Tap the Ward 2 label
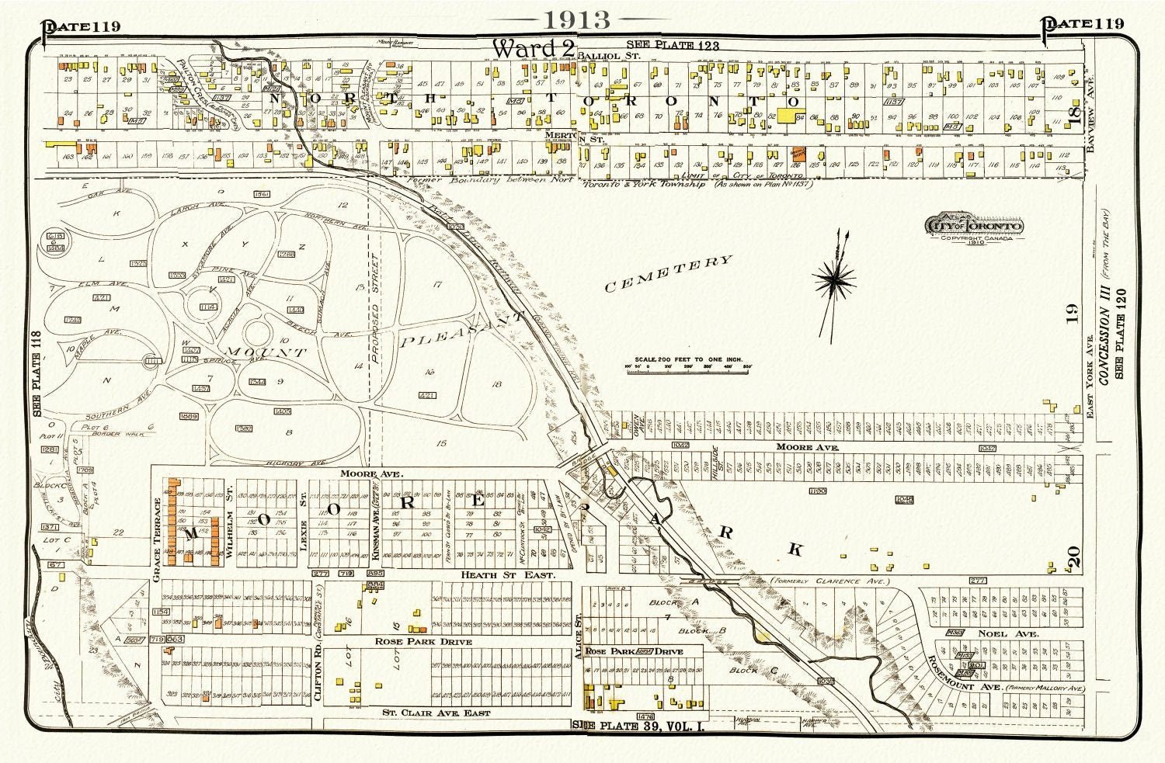(534, 49)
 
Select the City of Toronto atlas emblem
(972, 226)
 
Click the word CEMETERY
(668, 274)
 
